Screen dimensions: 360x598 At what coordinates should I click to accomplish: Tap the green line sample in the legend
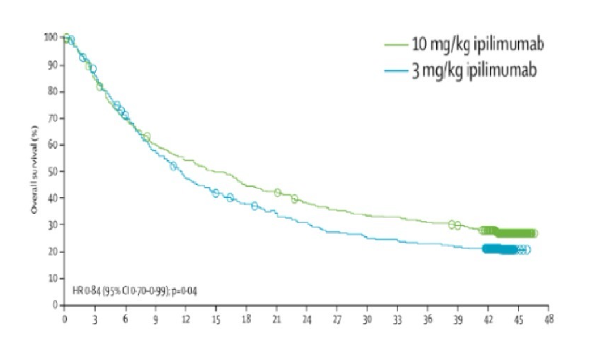tap(395, 45)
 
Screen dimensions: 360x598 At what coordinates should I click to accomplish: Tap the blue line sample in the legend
tap(395, 71)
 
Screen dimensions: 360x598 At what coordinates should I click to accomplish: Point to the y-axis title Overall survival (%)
tap(34, 171)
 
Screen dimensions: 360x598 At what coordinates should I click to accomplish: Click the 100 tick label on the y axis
tap(50, 38)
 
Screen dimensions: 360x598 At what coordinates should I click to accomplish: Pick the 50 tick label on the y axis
tap(53, 171)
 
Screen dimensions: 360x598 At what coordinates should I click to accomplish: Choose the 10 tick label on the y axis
tap(53, 278)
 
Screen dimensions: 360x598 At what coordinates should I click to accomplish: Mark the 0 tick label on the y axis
tap(55, 305)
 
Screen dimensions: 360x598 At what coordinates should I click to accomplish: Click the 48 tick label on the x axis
tap(548, 319)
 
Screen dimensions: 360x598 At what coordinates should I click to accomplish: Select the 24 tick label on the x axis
tap(307, 319)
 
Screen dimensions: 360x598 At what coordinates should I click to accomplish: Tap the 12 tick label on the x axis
tap(185, 319)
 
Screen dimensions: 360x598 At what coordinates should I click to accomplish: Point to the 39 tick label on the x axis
tap(457, 319)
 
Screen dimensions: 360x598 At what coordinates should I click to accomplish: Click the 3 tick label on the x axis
tap(95, 319)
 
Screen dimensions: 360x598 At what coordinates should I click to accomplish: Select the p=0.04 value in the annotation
tap(183, 291)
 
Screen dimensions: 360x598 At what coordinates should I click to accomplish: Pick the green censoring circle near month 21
tap(278, 193)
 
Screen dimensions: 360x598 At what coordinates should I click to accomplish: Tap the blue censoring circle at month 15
tap(215, 193)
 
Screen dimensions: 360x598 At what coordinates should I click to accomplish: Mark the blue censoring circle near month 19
tap(255, 206)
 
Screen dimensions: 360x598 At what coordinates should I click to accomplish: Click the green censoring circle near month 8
tap(146, 137)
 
